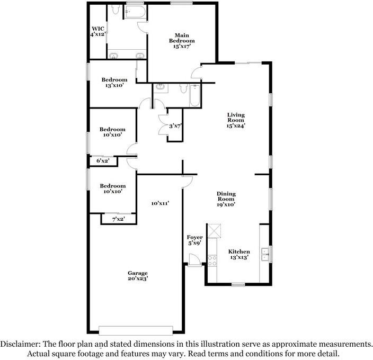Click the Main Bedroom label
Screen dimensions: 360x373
point(182,41)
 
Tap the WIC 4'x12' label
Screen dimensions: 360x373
point(98,31)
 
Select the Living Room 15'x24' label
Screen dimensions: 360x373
point(236,120)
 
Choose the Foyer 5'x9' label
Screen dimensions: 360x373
point(195,240)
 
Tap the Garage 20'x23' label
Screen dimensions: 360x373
point(137,276)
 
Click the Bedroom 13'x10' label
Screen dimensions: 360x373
point(114,82)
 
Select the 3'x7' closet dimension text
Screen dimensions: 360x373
point(175,126)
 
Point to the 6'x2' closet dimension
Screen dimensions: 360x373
point(103,160)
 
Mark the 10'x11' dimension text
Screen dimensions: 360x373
point(159,203)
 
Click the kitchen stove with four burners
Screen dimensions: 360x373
point(212,260)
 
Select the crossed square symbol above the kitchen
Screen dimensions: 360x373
point(215,230)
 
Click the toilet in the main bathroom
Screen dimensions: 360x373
point(116,12)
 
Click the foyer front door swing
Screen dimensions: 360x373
point(194,259)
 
